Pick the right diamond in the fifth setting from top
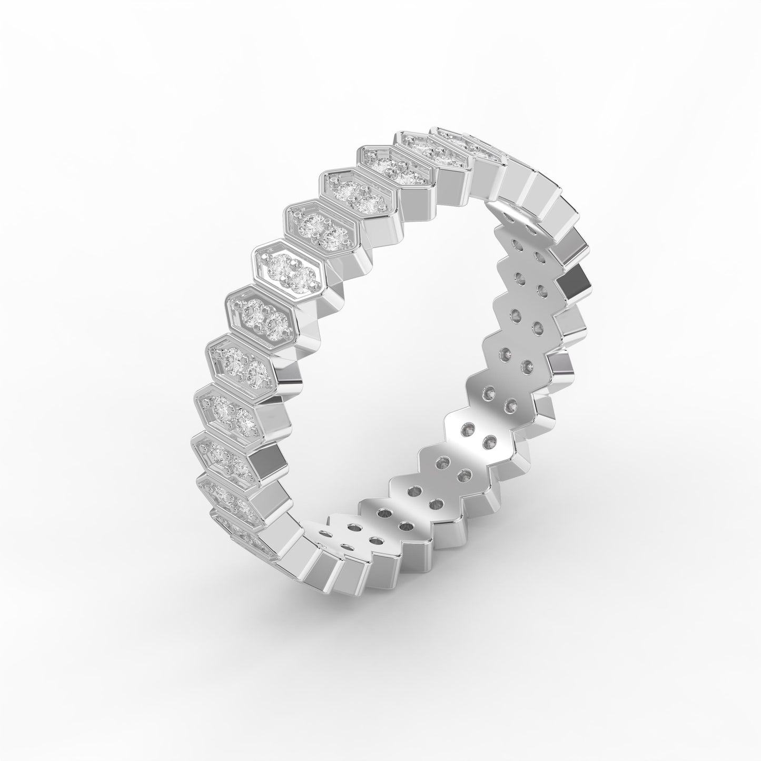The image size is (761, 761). click(x=330, y=238)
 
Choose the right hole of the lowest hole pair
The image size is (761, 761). click(x=375, y=540)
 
